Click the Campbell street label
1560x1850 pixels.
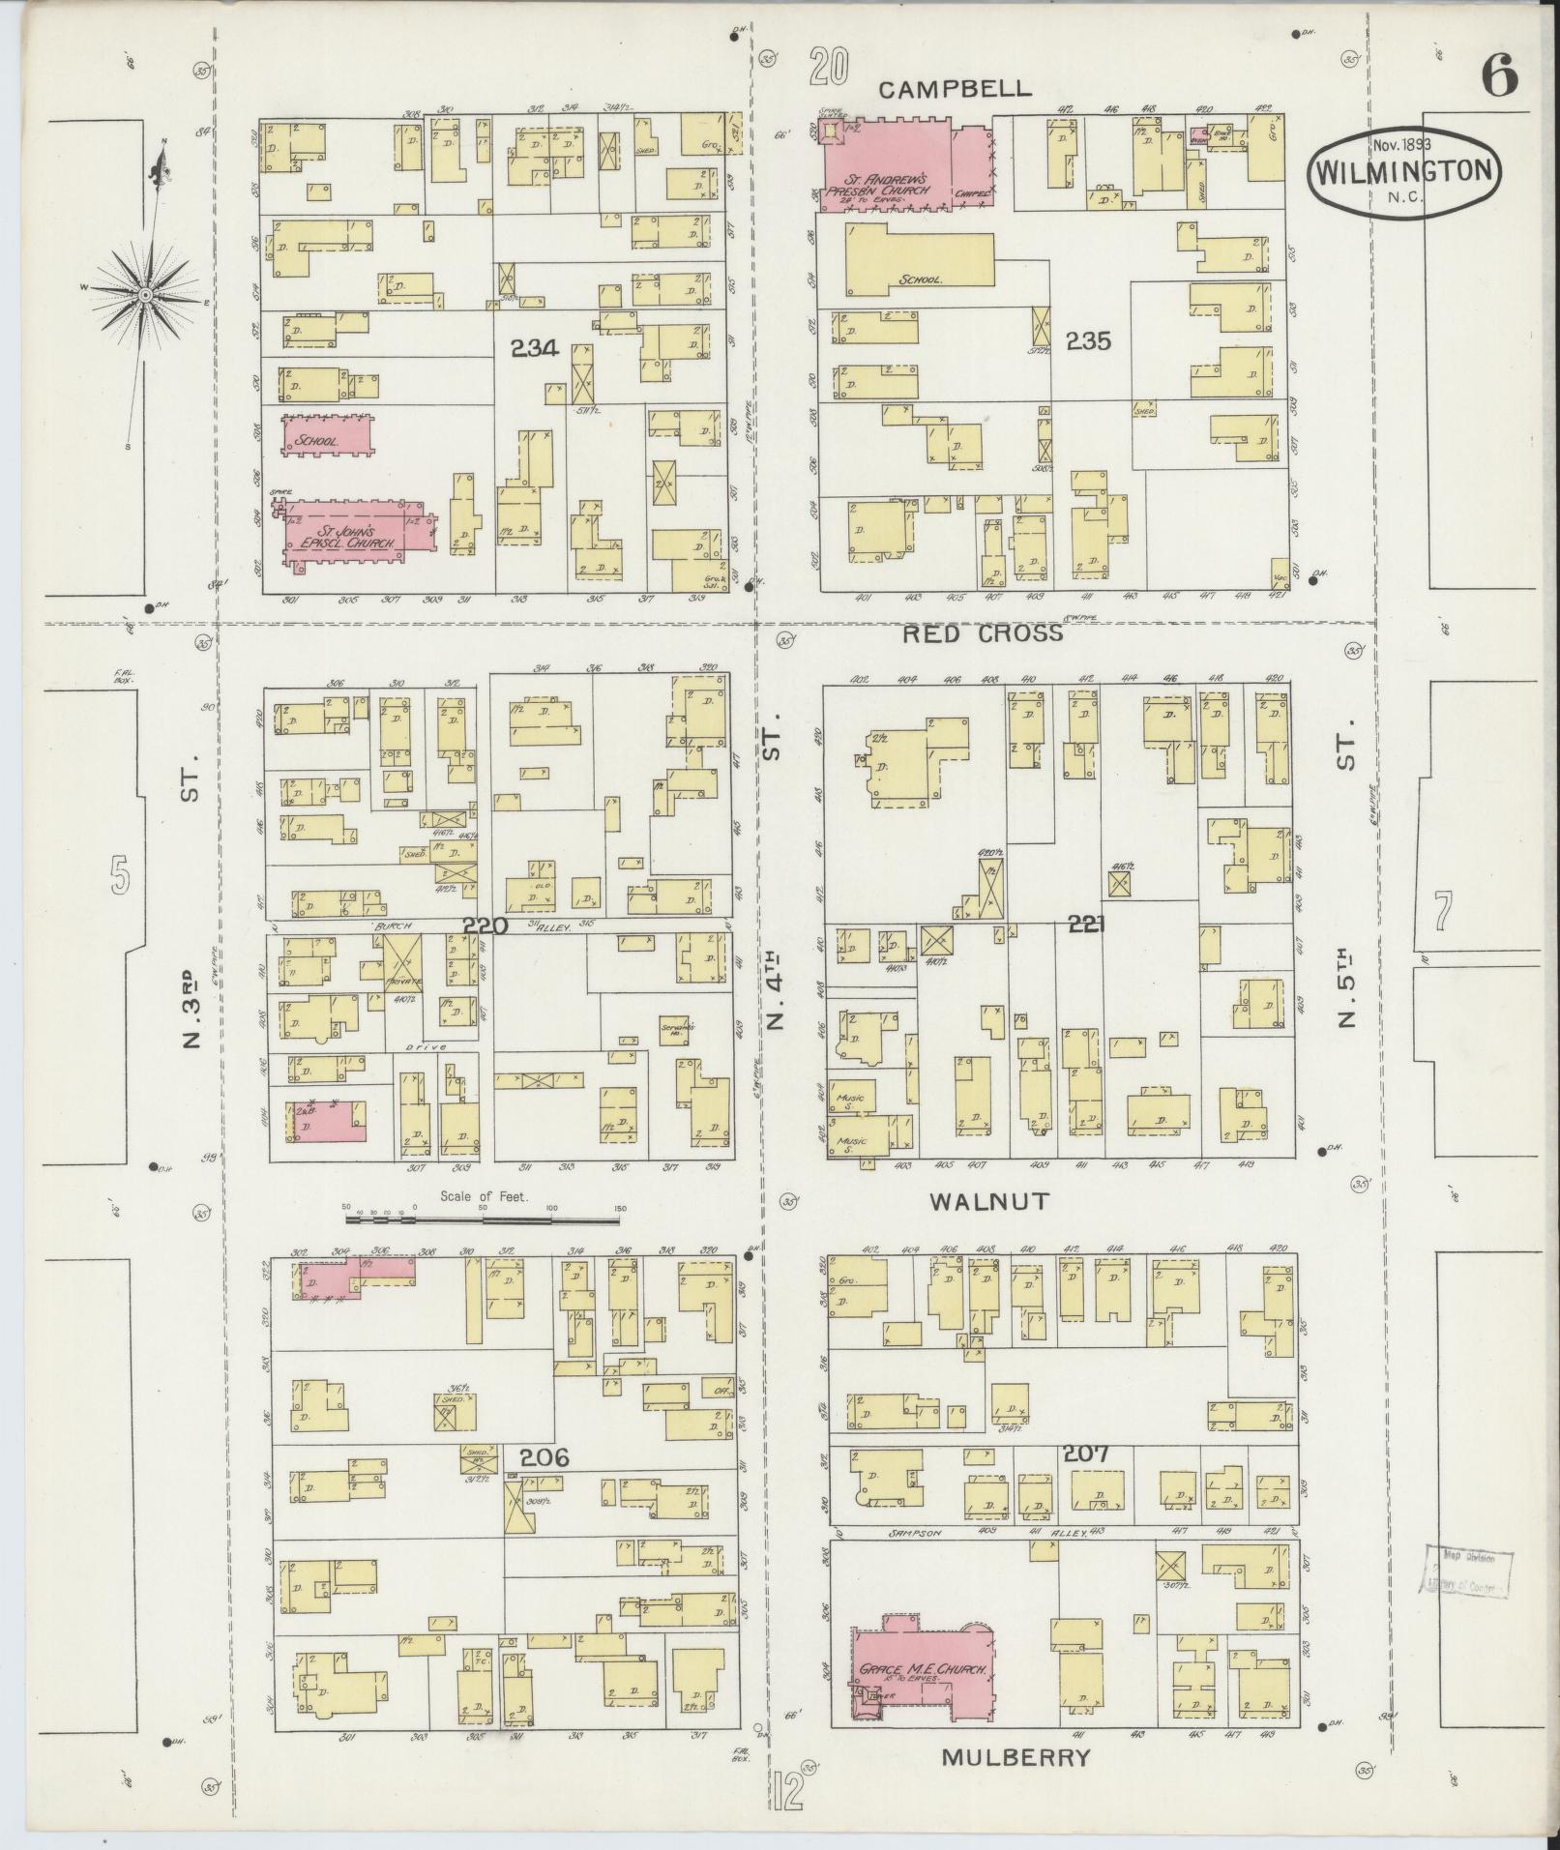click(x=955, y=89)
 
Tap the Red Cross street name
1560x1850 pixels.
click(x=984, y=633)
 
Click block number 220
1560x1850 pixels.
click(x=485, y=925)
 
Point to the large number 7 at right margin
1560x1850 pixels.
click(x=1444, y=910)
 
